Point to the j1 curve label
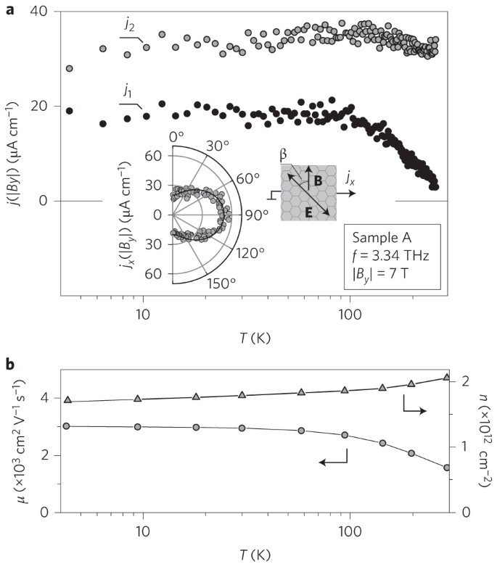tap(127, 93)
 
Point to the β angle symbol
tap(284, 155)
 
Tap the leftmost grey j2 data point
tap(70, 68)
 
